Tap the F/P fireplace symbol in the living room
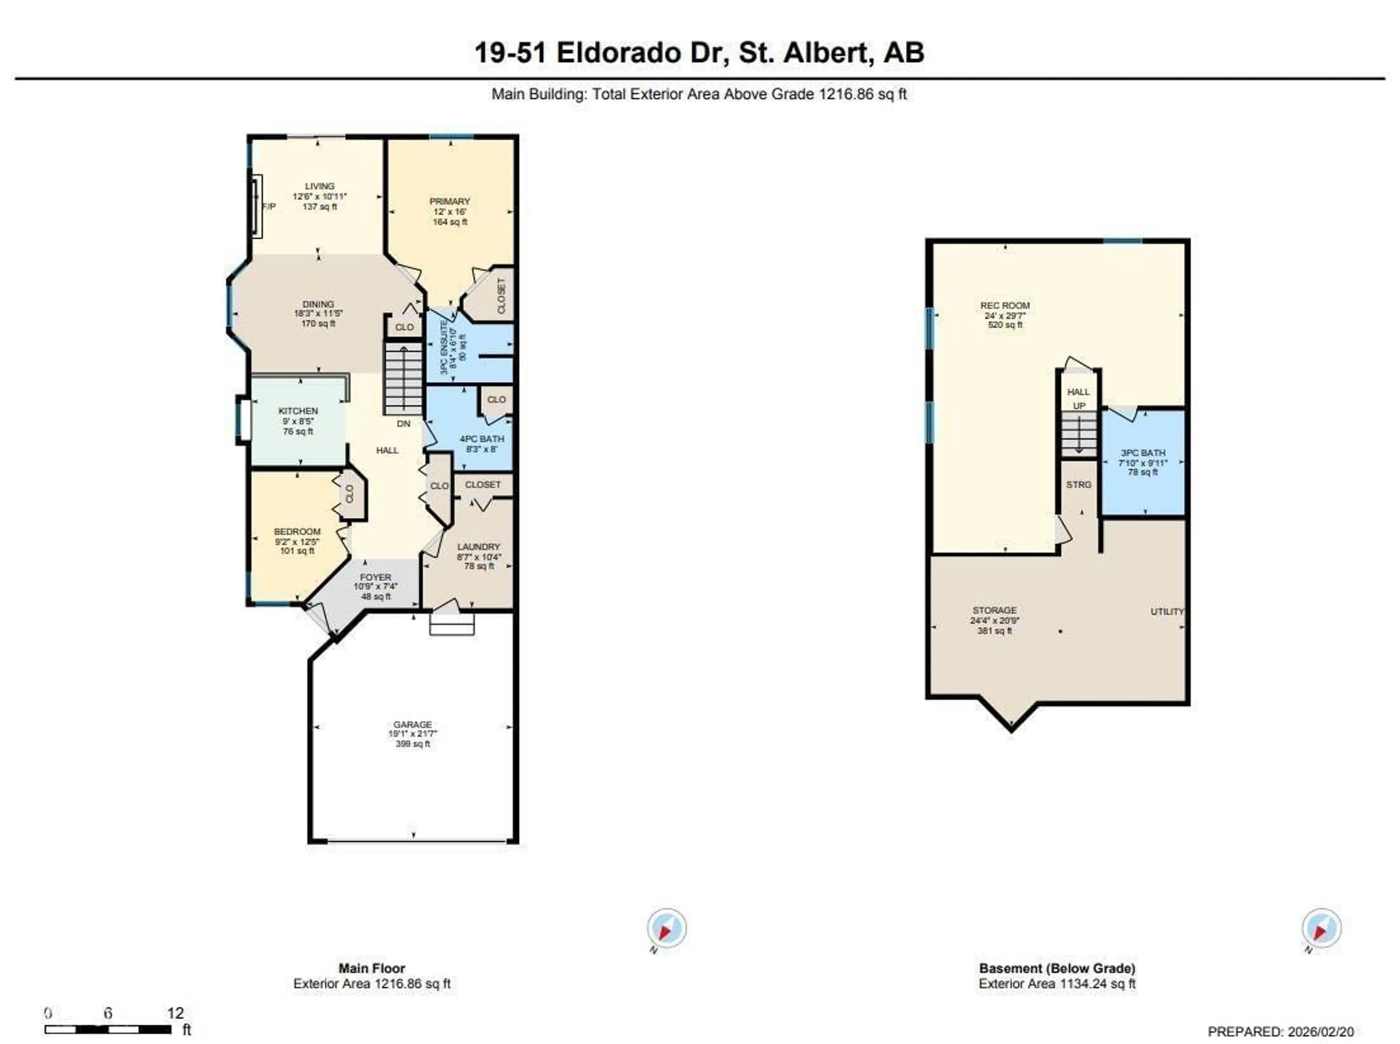pyautogui.click(x=256, y=206)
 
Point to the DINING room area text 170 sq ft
pyautogui.click(x=318, y=324)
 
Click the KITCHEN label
pyautogui.click(x=298, y=411)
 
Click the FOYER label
pyautogui.click(x=376, y=577)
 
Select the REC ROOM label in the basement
pyautogui.click(x=1005, y=305)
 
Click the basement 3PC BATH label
pyautogui.click(x=1143, y=452)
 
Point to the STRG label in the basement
pyautogui.click(x=1078, y=485)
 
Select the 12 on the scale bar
pyautogui.click(x=176, y=1013)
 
